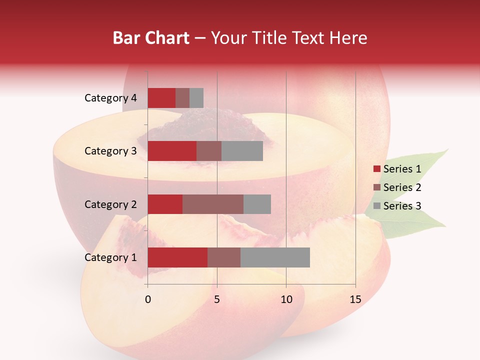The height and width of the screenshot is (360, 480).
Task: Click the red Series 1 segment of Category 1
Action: click(177, 257)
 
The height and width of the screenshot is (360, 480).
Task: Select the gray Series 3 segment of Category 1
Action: click(275, 257)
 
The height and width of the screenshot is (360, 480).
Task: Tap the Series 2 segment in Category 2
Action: click(213, 204)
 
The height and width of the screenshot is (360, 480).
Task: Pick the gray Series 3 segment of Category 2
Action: click(257, 204)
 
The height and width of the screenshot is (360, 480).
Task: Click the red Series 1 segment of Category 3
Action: click(172, 151)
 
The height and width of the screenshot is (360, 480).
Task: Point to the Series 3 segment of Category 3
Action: click(242, 151)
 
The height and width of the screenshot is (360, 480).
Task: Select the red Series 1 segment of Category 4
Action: click(161, 98)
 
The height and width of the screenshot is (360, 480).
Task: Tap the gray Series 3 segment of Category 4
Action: click(196, 98)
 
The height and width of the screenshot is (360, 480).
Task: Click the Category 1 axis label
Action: click(110, 257)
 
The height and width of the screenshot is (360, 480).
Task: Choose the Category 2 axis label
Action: click(110, 204)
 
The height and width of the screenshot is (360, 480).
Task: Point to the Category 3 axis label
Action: click(110, 151)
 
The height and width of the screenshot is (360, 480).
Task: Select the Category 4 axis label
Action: click(110, 98)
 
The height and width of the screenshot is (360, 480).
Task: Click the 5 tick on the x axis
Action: click(217, 300)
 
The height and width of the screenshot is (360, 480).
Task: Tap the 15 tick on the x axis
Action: click(355, 300)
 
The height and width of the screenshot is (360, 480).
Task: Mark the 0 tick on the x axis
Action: click(148, 300)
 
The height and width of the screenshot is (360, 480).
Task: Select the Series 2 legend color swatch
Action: click(377, 187)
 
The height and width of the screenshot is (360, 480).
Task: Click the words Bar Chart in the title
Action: click(151, 37)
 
